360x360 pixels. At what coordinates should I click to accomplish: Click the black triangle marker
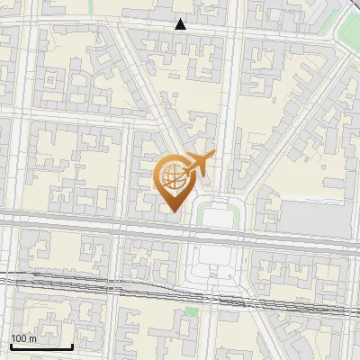click(181, 24)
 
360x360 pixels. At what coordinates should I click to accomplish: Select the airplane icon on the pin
click(198, 163)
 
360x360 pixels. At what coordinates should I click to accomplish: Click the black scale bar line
click(40, 346)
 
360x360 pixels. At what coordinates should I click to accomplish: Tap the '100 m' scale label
click(23, 338)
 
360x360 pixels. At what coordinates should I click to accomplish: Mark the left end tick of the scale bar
click(10, 346)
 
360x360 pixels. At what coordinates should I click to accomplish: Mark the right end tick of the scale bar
click(72, 346)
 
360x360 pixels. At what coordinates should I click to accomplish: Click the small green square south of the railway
click(191, 311)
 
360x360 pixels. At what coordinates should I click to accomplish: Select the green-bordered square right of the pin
click(219, 215)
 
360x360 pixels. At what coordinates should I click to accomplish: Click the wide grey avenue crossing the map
click(90, 221)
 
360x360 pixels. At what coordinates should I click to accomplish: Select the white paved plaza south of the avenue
click(214, 261)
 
